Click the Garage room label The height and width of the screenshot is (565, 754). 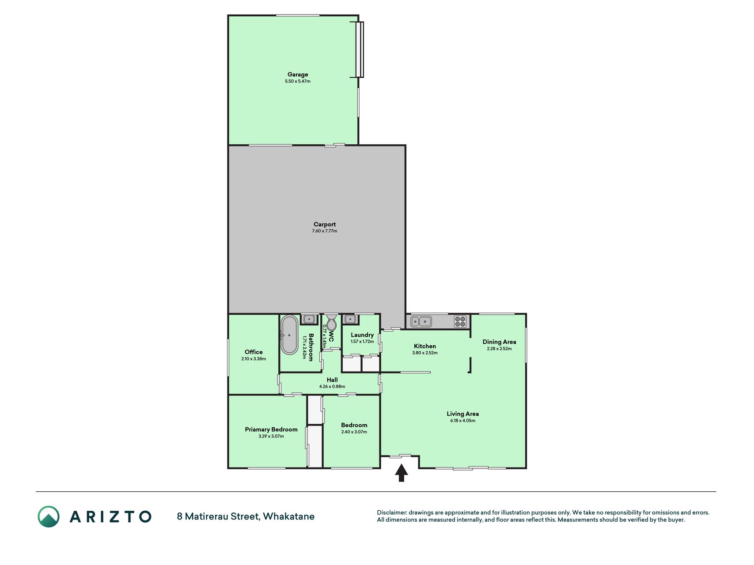click(298, 75)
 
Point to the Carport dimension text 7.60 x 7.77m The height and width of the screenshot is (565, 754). click(325, 231)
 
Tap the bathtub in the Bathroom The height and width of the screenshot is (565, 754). click(289, 335)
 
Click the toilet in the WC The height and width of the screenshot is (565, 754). click(331, 323)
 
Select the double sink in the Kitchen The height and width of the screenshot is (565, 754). click(421, 321)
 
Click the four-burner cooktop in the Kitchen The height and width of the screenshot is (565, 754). click(460, 321)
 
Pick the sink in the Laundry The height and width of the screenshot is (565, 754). click(350, 319)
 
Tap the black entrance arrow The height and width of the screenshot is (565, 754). click(401, 473)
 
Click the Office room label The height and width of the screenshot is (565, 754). click(254, 352)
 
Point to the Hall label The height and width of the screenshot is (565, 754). click(332, 380)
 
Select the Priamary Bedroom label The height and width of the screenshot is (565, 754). click(271, 429)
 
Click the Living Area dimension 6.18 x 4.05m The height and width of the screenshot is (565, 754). click(463, 421)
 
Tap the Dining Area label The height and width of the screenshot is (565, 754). click(499, 342)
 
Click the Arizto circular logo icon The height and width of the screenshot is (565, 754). click(49, 516)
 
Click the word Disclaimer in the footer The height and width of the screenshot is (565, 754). click(391, 512)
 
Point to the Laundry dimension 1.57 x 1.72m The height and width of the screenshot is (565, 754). click(362, 342)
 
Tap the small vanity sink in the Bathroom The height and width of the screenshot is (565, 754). click(309, 319)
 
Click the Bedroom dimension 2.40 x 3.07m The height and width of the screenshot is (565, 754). click(354, 432)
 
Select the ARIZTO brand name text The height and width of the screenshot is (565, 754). click(110, 516)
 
